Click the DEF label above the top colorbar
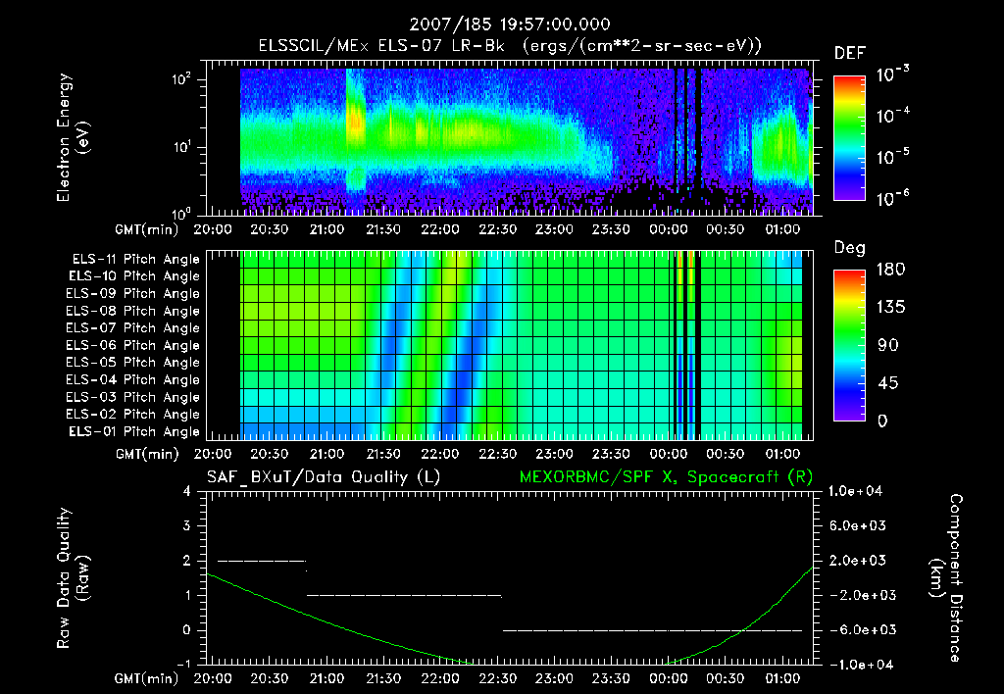click(849, 53)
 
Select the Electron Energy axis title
click(72, 140)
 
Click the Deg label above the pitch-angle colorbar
click(849, 248)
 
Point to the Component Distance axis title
click(950, 577)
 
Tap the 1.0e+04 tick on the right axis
click(858, 491)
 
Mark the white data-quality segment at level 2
click(262, 561)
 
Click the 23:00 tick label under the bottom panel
click(554, 678)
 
